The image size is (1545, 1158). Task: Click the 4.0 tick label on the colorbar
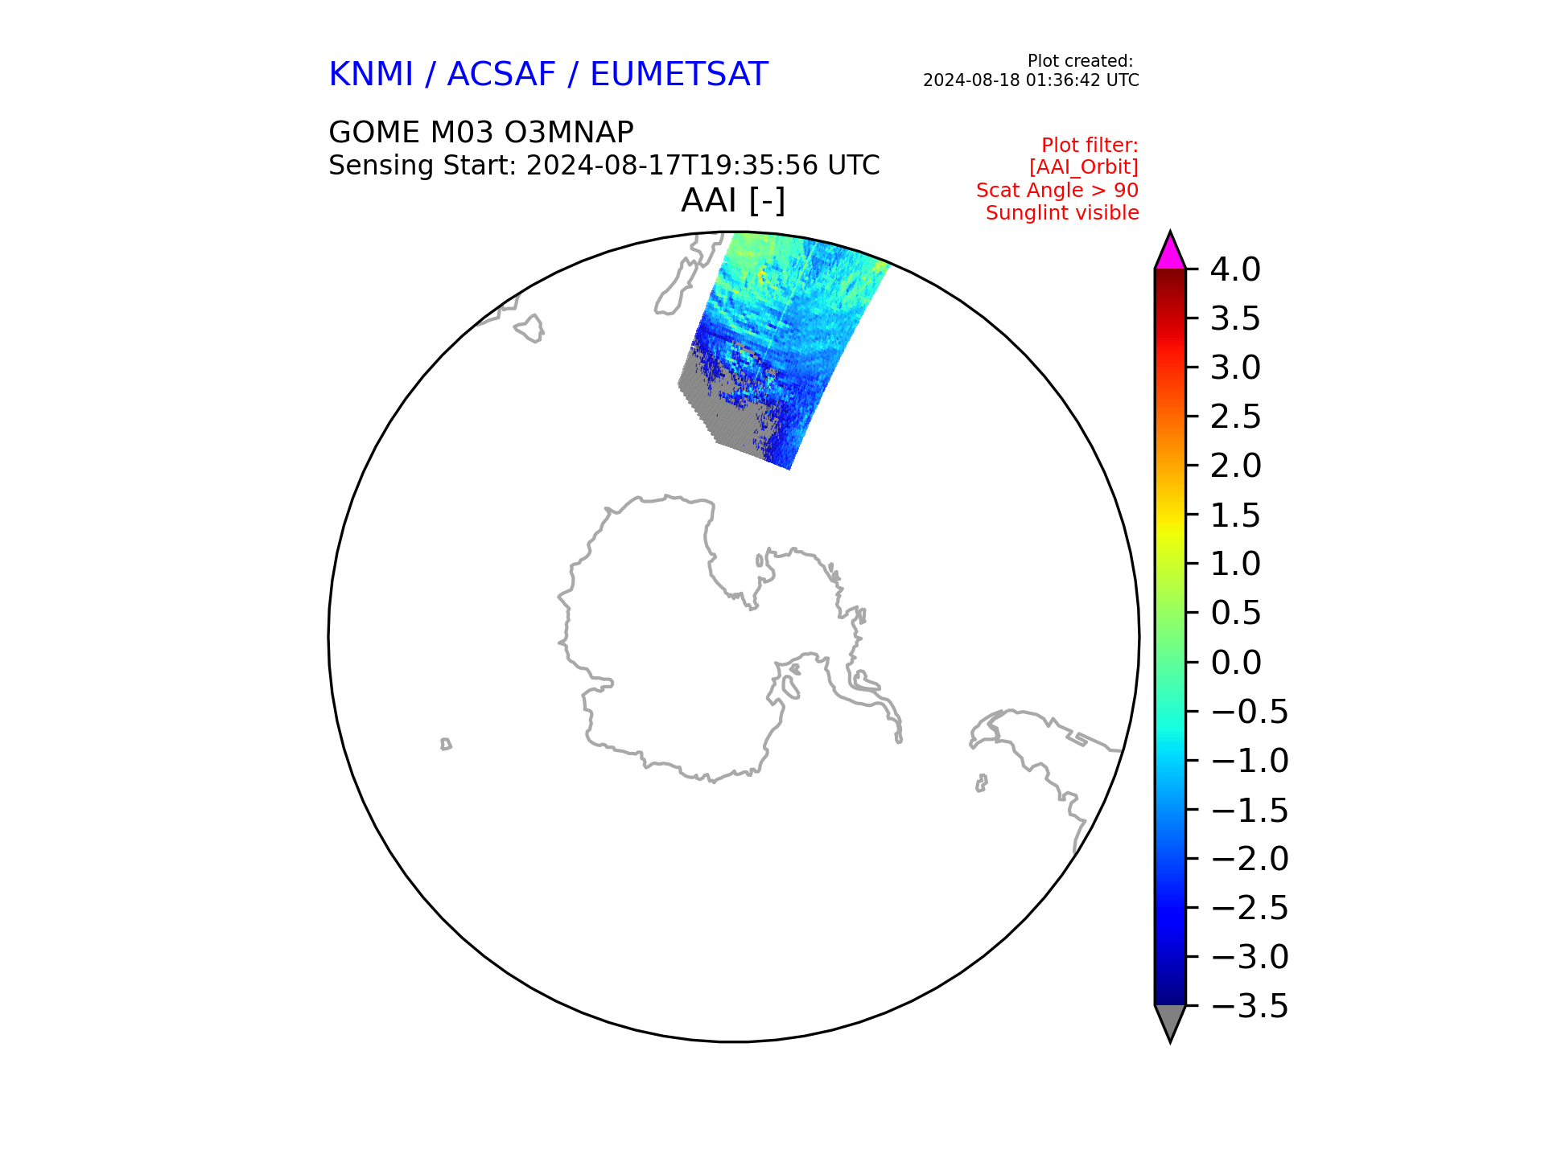coord(1235,269)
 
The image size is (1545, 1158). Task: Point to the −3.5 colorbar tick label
coord(1249,1006)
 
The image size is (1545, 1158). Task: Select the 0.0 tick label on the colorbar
coord(1235,663)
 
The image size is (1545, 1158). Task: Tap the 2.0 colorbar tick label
coord(1235,466)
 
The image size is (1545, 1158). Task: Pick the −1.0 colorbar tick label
coord(1249,761)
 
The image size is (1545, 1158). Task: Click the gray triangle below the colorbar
coord(1170,1022)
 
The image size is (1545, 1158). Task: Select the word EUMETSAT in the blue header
coord(679,75)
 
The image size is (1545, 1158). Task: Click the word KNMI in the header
coord(371,75)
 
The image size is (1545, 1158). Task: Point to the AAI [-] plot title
coord(733,200)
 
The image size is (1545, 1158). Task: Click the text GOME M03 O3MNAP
coord(481,132)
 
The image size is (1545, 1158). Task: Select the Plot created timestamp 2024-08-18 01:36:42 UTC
coord(1031,80)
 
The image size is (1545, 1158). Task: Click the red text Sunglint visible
coord(1062,213)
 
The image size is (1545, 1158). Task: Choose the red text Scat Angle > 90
coord(1057,191)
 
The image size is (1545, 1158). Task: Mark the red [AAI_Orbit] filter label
coord(1084,167)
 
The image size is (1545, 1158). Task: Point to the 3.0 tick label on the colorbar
coord(1235,368)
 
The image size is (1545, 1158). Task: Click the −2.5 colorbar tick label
coord(1249,908)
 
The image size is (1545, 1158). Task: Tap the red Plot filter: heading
coord(1090,146)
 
